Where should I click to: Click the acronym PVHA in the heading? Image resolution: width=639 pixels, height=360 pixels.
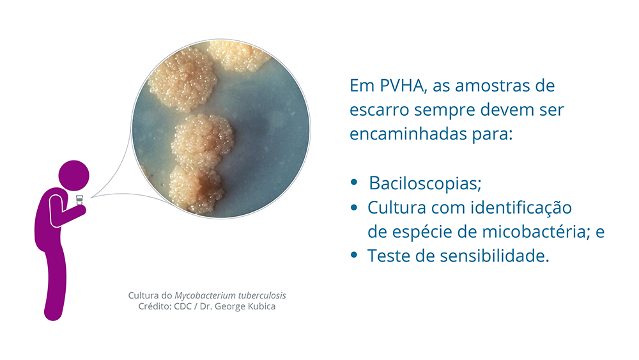[403, 86]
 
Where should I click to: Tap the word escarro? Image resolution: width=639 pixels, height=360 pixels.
[379, 110]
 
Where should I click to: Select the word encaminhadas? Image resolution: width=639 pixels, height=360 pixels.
[408, 134]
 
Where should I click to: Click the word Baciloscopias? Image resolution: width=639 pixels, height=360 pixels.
[425, 184]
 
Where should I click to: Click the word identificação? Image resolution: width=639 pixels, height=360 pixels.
[521, 208]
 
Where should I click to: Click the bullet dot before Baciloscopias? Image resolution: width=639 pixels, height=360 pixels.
[354, 182]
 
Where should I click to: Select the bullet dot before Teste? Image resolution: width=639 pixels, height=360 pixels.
[354, 255]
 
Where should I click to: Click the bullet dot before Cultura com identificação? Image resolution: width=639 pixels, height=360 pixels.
[354, 207]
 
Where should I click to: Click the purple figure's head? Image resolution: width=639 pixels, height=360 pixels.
[73, 175]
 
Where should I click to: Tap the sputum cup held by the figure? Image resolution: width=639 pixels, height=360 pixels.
[79, 200]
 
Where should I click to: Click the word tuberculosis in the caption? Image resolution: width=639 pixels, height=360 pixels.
[262, 295]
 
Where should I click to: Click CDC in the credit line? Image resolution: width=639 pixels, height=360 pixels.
[183, 306]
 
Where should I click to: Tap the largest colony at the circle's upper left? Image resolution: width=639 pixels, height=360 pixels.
[183, 79]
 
